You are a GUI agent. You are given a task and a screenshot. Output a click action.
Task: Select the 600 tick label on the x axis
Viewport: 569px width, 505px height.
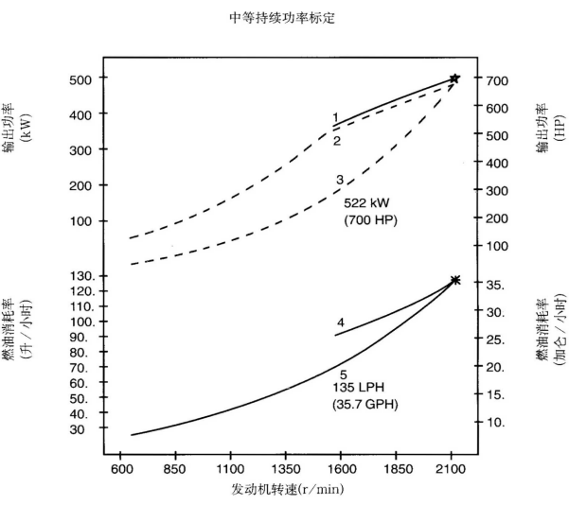coord(121,467)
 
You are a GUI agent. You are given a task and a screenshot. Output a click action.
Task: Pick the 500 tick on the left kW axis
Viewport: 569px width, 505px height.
coord(80,79)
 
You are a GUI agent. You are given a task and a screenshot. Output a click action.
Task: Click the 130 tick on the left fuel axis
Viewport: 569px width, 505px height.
coord(80,276)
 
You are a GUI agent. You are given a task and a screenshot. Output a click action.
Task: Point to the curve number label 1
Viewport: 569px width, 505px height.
coord(335,117)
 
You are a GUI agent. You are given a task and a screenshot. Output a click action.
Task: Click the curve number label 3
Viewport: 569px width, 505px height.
coord(339,179)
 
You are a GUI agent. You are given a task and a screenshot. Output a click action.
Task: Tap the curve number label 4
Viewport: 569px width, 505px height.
coord(340,322)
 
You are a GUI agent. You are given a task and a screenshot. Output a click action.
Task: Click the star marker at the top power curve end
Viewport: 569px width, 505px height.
coord(454,78)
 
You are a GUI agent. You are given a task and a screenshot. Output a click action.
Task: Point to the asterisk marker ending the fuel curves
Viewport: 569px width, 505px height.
coord(455,280)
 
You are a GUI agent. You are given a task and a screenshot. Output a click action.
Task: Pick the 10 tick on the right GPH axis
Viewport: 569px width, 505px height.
coord(497,422)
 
